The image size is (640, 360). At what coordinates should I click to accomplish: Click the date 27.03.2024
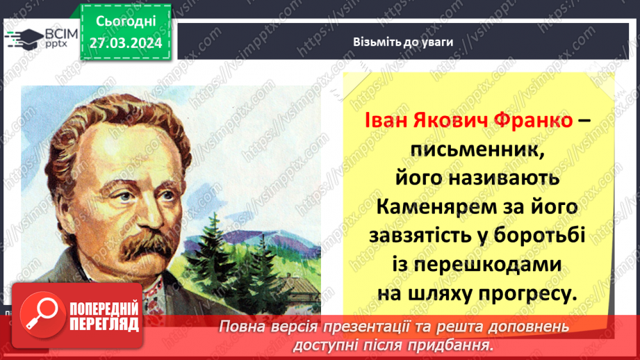click(x=126, y=43)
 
